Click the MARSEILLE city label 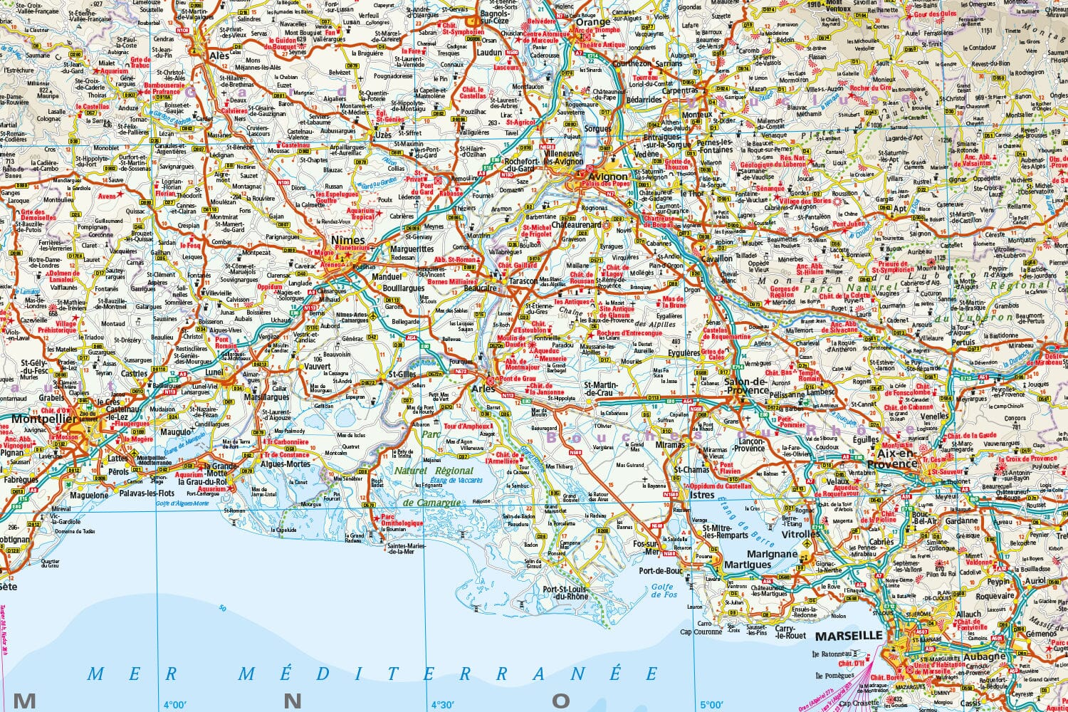pos(848,636)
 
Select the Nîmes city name pos(348,241)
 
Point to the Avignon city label pos(608,177)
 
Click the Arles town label pos(483,389)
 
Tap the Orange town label pos(593,22)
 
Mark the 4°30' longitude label pos(442,704)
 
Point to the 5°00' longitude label pos(711,704)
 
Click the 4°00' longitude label pos(175,704)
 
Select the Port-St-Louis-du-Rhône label pos(566,593)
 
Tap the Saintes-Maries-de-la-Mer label pos(411,548)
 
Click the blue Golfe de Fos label pos(663,591)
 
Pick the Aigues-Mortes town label pos(286,464)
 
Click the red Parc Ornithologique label pos(402,520)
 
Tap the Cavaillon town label pos(716,259)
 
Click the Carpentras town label pos(679,90)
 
